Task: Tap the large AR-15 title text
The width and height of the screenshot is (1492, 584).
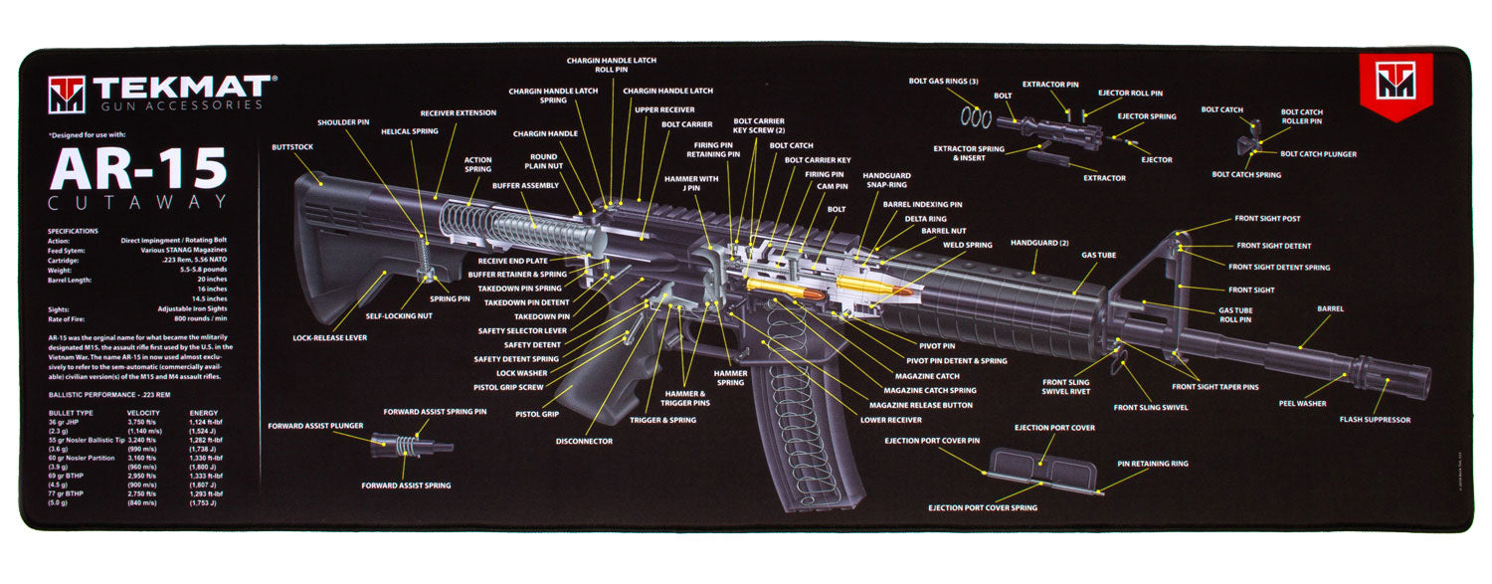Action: (138, 169)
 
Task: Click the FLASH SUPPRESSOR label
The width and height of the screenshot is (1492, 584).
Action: (1374, 420)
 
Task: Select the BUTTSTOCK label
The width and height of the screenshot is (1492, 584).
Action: (291, 147)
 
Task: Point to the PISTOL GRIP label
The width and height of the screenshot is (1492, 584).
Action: (536, 414)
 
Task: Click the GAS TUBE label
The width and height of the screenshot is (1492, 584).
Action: (1099, 255)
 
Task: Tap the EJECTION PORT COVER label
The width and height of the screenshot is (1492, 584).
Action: (1054, 428)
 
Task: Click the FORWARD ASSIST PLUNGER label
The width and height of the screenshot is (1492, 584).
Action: (313, 426)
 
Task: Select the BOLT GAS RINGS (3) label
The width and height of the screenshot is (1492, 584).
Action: (943, 81)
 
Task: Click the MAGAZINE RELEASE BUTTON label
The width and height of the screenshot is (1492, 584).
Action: (920, 405)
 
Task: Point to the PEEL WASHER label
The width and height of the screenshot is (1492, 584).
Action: (1302, 403)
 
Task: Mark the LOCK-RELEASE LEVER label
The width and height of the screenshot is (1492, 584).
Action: (329, 338)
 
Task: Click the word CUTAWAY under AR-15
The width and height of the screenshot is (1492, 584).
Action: (137, 203)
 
